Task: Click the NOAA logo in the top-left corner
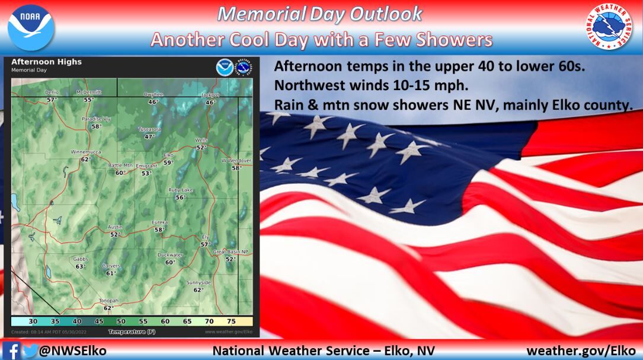point(31,27)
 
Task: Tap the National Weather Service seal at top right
point(612,27)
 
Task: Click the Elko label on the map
point(168,155)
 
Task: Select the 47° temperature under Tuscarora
point(149,136)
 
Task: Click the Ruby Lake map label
point(180,190)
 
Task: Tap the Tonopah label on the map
point(108,301)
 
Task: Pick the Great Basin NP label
point(230,252)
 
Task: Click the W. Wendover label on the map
point(236,161)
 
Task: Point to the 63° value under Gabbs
point(81,266)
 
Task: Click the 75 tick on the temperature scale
point(231,321)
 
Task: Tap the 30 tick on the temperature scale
point(33,321)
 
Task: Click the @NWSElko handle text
point(72,351)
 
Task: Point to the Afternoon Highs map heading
point(47,62)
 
